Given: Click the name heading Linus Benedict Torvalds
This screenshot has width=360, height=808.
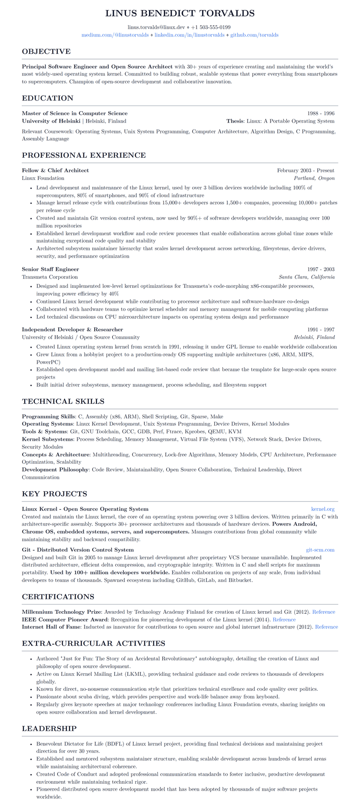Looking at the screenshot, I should pyautogui.click(x=180, y=13).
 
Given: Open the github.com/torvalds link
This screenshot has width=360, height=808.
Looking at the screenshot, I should pyautogui.click(x=254, y=35).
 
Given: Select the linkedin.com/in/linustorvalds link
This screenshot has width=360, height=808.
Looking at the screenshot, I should pyautogui.click(x=190, y=35).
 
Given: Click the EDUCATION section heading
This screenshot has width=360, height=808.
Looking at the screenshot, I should pyautogui.click(x=47, y=98).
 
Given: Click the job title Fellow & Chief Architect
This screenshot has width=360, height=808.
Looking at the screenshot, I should pyautogui.click(x=55, y=170).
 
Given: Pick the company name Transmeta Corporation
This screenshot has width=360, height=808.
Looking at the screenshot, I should pyautogui.click(x=50, y=277).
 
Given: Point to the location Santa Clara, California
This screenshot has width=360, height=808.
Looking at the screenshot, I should pyautogui.click(x=307, y=277).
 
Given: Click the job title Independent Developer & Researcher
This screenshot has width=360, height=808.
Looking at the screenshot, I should pyautogui.click(x=72, y=329).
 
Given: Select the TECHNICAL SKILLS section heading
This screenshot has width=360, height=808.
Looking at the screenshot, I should pyautogui.click(x=63, y=401).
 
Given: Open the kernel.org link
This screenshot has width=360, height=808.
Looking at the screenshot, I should pyautogui.click(x=323, y=509).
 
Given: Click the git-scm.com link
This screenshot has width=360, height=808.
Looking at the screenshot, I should pyautogui.click(x=320, y=550).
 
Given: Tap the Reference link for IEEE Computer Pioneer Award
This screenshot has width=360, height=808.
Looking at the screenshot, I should pyautogui.click(x=284, y=619).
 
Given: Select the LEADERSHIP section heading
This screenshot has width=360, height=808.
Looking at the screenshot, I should pyautogui.click(x=49, y=728).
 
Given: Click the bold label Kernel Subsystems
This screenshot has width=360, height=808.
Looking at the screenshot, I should pyautogui.click(x=47, y=439).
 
